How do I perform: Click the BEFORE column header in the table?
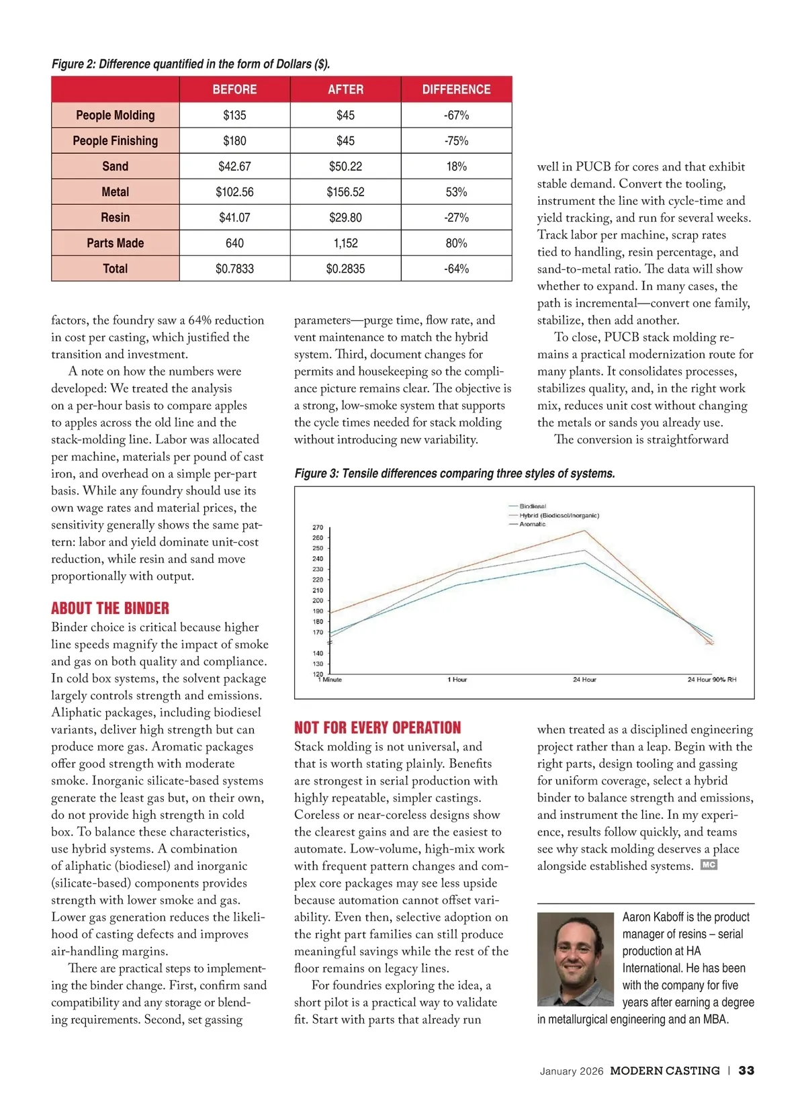pyautogui.click(x=234, y=89)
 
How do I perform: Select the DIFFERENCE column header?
pyautogui.click(x=456, y=89)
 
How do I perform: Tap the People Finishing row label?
pyautogui.click(x=116, y=141)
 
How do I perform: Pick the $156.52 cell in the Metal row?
pyautogui.click(x=345, y=192)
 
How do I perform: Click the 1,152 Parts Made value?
pyautogui.click(x=345, y=243)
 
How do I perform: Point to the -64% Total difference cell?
pyautogui.click(x=456, y=269)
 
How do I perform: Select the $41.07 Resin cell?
pyautogui.click(x=234, y=218)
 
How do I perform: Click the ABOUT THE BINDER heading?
pyautogui.click(x=110, y=609)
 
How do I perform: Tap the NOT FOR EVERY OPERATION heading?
pyautogui.click(x=377, y=728)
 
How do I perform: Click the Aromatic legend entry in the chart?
pyautogui.click(x=532, y=524)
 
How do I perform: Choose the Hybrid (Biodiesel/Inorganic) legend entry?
pyautogui.click(x=559, y=515)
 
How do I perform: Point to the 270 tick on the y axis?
pyautogui.click(x=318, y=527)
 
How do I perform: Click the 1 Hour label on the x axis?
pyautogui.click(x=457, y=680)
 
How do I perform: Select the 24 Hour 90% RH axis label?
pyautogui.click(x=711, y=680)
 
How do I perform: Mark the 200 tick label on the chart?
pyautogui.click(x=318, y=600)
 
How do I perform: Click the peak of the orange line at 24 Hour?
pyautogui.click(x=584, y=531)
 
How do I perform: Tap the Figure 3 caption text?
pyautogui.click(x=455, y=474)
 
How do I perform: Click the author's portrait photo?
pyautogui.click(x=575, y=959)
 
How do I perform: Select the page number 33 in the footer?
pyautogui.click(x=746, y=1071)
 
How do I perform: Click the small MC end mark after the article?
pyautogui.click(x=709, y=865)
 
